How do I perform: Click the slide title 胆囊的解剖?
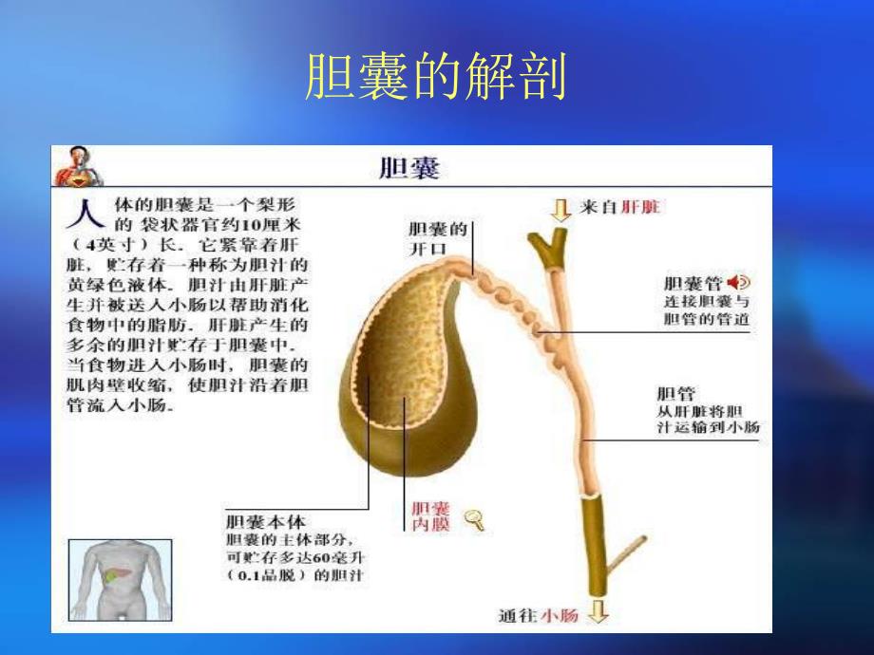coord(436,77)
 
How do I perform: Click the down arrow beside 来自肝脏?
coord(561,208)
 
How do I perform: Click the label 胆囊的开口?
coord(439,238)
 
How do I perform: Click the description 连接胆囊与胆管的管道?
coord(706,309)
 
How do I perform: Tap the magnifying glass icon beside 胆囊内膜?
coord(471,517)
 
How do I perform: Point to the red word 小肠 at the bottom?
coord(560,615)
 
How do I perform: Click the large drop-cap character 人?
coord(82,215)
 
